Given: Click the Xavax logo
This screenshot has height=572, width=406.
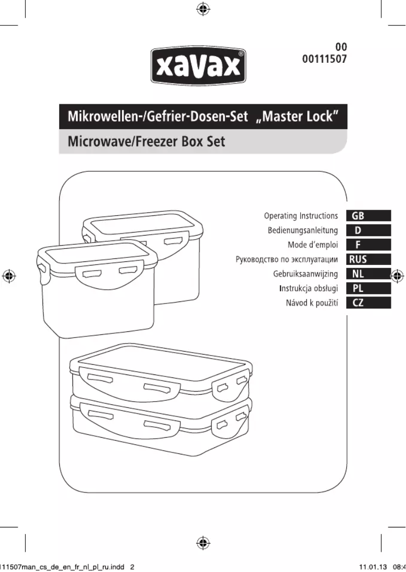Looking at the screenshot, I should click(x=198, y=65).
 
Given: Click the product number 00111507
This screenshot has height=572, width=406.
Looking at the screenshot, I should click(x=324, y=59).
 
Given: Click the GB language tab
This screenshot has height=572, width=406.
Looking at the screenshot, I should click(x=358, y=216).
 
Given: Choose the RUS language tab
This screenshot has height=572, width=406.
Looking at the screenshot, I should click(x=358, y=260).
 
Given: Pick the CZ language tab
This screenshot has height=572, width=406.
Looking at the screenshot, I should click(x=358, y=303).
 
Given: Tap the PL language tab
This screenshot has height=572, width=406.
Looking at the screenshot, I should click(x=358, y=289).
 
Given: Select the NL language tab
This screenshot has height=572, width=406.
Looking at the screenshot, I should click(x=358, y=274).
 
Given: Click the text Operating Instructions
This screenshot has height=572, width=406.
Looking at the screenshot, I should click(x=301, y=216).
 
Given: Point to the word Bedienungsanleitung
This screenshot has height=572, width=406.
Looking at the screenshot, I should click(x=303, y=231).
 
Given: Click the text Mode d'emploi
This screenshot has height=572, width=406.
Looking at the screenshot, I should click(x=312, y=245).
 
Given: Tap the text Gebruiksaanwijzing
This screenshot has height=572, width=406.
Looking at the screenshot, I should click(x=305, y=274).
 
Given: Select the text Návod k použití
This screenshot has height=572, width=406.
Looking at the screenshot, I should click(x=312, y=303).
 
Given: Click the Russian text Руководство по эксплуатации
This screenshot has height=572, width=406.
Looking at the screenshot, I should click(x=287, y=260).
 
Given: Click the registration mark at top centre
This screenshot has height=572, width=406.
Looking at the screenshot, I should click(x=202, y=9).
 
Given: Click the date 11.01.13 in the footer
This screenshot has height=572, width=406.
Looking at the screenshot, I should click(x=370, y=567).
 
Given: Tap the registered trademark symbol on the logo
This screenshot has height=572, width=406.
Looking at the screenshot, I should click(x=241, y=53).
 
